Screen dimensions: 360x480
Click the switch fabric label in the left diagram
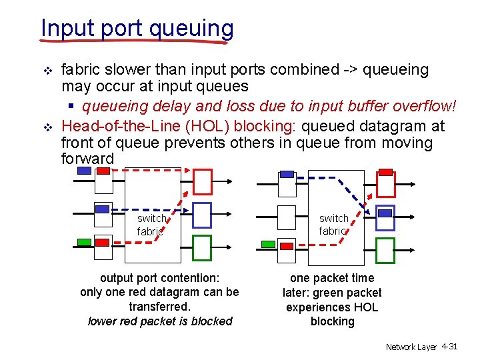[151, 225]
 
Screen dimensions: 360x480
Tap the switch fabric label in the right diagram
[333, 225]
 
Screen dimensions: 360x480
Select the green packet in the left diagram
[84, 241]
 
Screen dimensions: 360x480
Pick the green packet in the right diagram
[267, 245]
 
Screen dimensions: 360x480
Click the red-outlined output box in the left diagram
[202, 181]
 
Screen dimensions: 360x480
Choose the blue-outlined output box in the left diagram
[201, 215]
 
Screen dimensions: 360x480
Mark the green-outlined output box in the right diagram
[385, 251]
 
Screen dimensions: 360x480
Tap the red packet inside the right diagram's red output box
[385, 172]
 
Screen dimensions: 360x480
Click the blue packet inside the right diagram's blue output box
[385, 213]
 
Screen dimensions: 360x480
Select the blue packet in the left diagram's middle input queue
[102, 209]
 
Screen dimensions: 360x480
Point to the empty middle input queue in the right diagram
[287, 217]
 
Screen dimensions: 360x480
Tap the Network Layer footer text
[411, 347]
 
